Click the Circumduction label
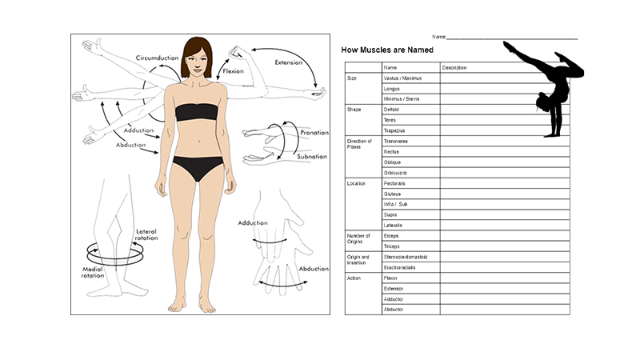coord(157,58)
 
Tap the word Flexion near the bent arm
coord(233,71)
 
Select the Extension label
coord(289,62)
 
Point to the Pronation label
coord(314,133)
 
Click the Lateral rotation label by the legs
coord(146,234)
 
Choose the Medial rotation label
coord(93,272)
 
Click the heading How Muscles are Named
coord(387,50)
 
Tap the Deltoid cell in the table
coord(391,110)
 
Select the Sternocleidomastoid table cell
coord(406,257)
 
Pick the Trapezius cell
coord(394,130)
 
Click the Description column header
coord(454,68)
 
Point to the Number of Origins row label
coord(358,238)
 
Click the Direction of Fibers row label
coord(359,144)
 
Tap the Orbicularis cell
coord(395,173)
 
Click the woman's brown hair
coord(198,55)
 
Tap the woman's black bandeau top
coord(197,112)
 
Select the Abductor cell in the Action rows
coord(394,310)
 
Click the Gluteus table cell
coord(392,194)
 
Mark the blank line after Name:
coord(512,38)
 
